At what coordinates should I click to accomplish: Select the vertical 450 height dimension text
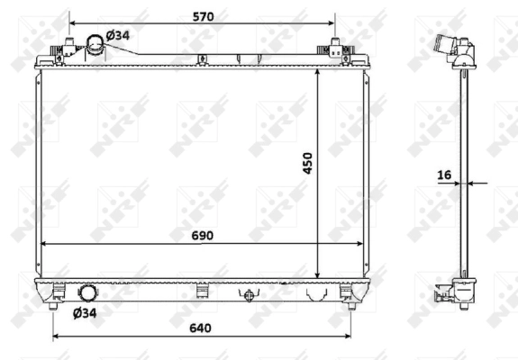coord(307,163)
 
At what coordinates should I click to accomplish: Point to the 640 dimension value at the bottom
coord(200,328)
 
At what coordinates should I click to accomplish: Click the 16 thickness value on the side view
coord(444,175)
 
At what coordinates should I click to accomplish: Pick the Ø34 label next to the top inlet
coord(119,35)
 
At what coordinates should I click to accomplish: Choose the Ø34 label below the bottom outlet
coord(84,312)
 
